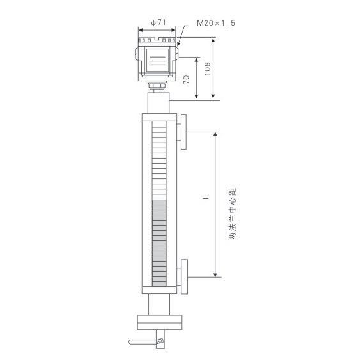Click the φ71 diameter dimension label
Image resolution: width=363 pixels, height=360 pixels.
158,23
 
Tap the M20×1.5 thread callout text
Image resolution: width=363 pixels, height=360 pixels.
216,23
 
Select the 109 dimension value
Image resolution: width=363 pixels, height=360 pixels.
208,68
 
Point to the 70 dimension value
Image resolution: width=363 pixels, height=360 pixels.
186,79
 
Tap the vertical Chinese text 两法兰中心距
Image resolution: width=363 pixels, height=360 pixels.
232,214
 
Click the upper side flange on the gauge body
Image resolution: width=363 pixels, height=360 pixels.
183,132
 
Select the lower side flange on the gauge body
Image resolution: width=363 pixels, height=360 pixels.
185,277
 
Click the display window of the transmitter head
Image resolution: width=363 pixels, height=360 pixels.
158,60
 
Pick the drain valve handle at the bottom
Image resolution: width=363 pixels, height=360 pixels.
143,342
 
